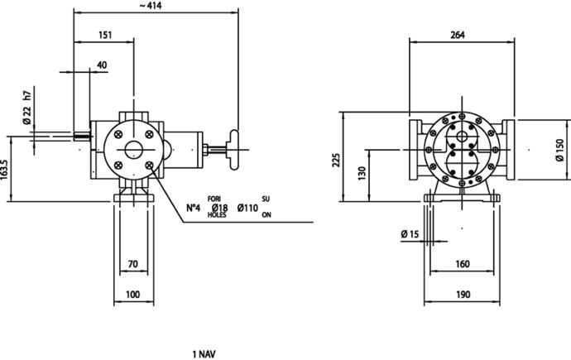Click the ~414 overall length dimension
pos(150,6)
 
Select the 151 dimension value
pos(105,35)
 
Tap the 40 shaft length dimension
pos(103,65)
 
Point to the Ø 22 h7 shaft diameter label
pos(27,108)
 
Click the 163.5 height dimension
pos(4,170)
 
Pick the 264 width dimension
pos(458,35)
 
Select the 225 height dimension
pos(337,161)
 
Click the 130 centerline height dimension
pos(362,173)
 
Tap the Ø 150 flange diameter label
pos(559,150)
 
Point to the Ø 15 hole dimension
pos(410,234)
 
